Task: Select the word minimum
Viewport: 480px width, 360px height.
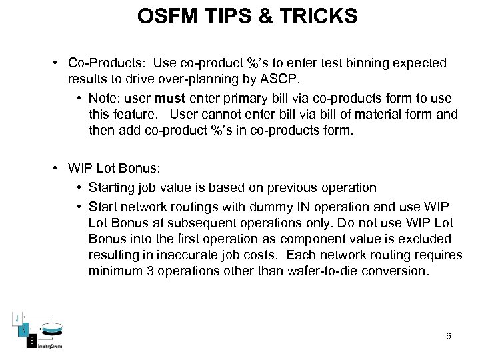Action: pos(113,271)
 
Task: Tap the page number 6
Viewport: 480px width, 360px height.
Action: pos(449,336)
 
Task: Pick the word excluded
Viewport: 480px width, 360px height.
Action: pos(427,239)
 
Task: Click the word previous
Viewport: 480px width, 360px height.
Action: pos(294,188)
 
